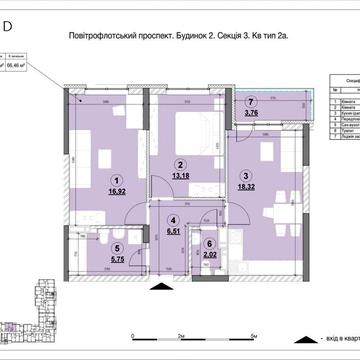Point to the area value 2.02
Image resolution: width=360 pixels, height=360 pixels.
[209, 255]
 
